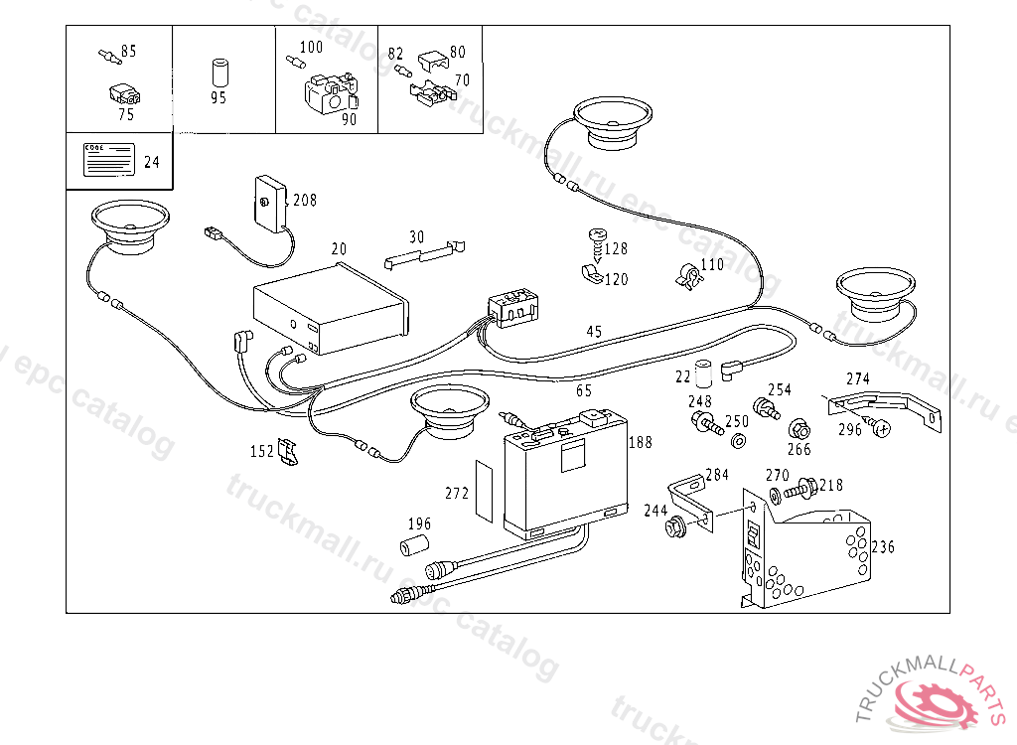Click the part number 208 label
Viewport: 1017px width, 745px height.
coord(305,201)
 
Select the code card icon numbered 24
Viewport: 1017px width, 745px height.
coord(107,159)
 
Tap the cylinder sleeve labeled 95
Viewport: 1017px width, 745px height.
coord(219,74)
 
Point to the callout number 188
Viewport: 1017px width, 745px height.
coord(641,442)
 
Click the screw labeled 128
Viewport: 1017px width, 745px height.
coord(598,239)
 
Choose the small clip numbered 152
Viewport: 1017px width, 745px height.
coord(288,452)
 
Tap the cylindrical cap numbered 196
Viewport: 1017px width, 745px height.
coord(412,544)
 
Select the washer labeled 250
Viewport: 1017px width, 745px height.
coord(738,440)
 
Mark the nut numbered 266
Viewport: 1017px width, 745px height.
coord(798,430)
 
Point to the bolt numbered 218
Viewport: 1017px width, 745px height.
coord(799,489)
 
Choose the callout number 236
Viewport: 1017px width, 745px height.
coord(884,547)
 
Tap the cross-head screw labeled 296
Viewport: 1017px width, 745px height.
coord(879,427)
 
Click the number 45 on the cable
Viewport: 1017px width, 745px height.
coord(594,332)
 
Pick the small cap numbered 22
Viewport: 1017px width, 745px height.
coord(704,373)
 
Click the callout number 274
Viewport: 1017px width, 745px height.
coord(857,378)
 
